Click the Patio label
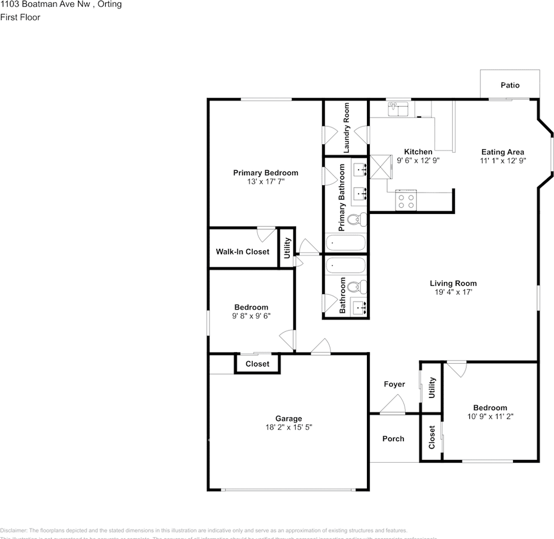click(x=510, y=85)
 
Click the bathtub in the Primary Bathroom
click(x=346, y=243)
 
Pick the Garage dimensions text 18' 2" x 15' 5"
click(x=288, y=427)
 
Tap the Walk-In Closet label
click(x=242, y=252)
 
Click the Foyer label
click(x=394, y=384)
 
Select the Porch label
click(x=393, y=438)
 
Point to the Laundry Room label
click(x=346, y=127)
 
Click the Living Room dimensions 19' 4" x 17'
click(x=453, y=292)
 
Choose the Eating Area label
click(x=502, y=152)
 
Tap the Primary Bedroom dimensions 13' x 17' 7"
click(x=265, y=181)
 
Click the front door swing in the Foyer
click(x=393, y=404)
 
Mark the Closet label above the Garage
click(x=257, y=364)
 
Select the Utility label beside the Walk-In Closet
click(x=287, y=247)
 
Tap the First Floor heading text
click(x=20, y=17)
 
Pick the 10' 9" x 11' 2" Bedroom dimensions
click(x=490, y=417)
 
